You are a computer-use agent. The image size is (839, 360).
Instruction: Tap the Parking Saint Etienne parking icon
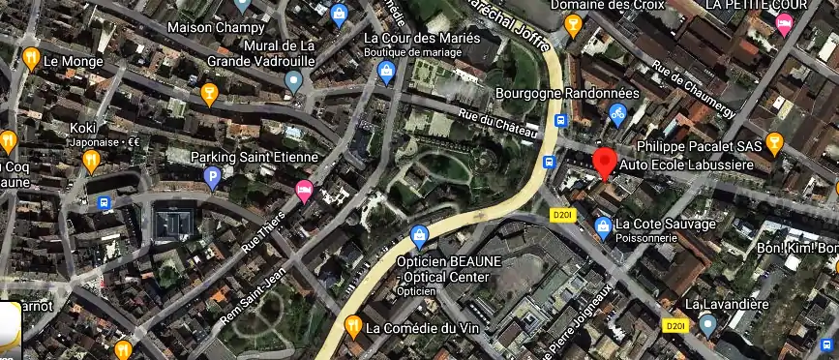click(x=212, y=176)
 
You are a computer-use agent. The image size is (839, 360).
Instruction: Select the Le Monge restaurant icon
click(x=31, y=59)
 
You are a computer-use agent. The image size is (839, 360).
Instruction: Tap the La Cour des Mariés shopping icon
click(x=386, y=71)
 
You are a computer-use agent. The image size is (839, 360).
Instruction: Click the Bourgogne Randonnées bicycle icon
click(x=617, y=114)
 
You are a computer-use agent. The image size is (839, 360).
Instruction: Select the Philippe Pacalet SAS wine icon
click(x=773, y=144)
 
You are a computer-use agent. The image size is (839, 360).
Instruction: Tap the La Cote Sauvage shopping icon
click(x=601, y=225)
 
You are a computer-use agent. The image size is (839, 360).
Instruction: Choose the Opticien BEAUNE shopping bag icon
click(x=419, y=235)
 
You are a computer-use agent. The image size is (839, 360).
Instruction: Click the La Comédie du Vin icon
click(x=352, y=325)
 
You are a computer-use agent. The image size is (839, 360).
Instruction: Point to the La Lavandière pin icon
click(x=708, y=325)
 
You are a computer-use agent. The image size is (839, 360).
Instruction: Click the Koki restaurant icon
click(x=91, y=161)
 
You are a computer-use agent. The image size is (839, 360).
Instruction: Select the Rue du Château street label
click(x=491, y=126)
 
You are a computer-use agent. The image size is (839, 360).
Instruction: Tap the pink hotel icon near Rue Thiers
click(x=304, y=190)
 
